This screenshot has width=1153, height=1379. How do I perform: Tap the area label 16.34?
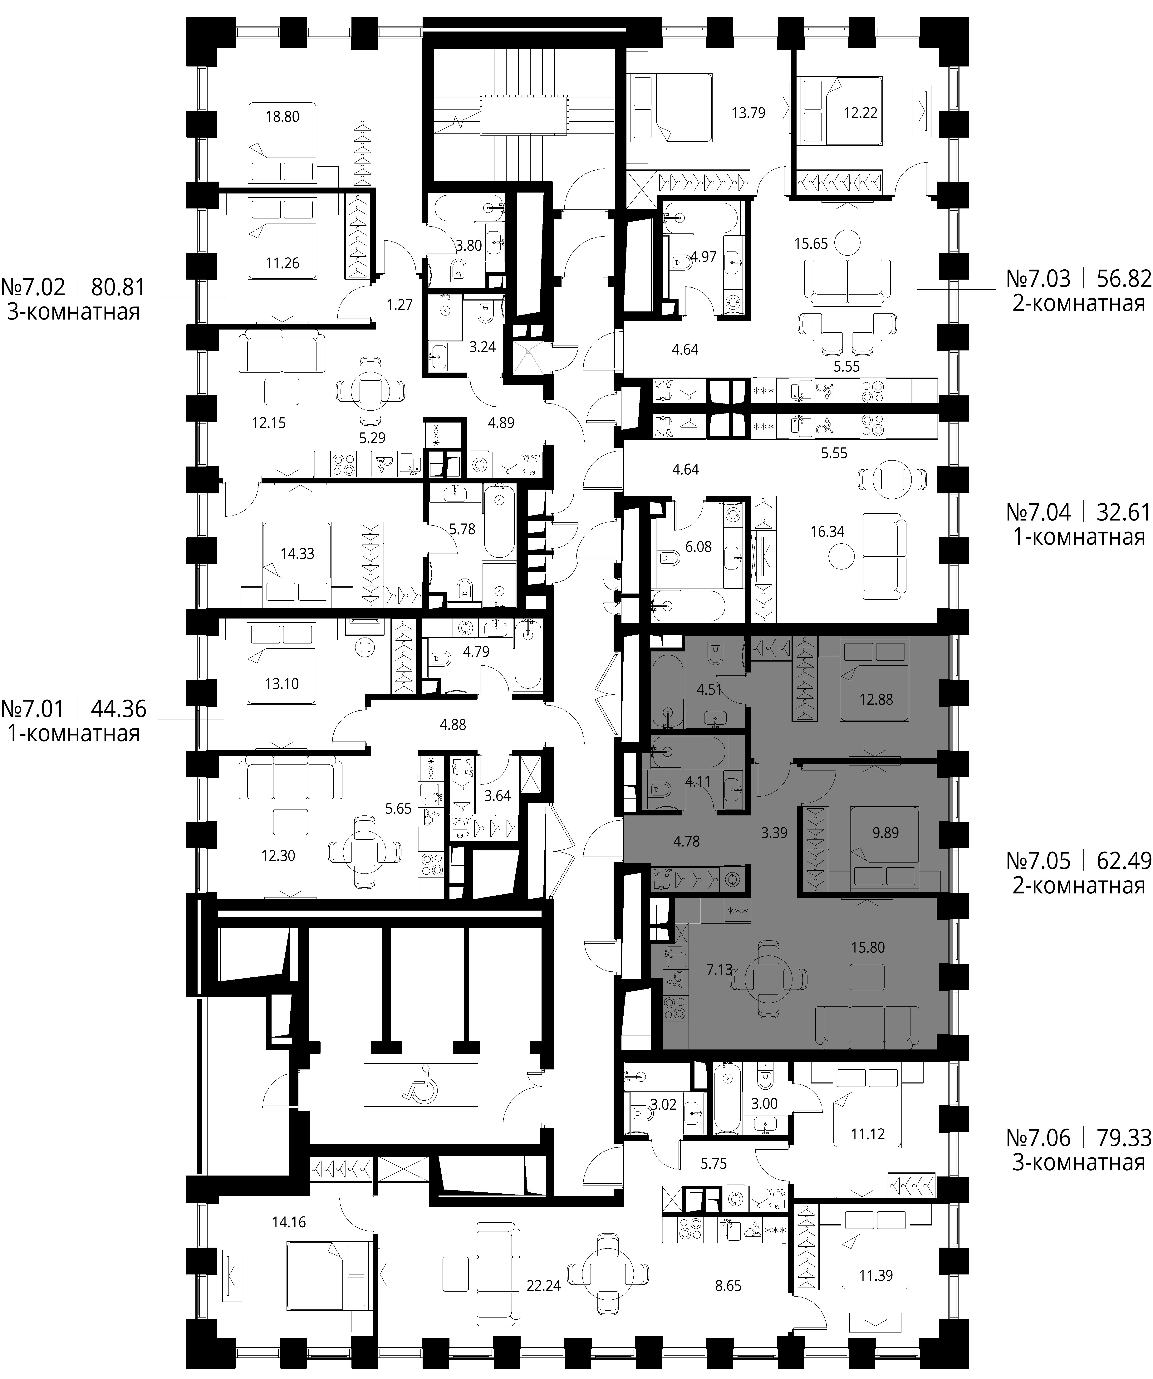tap(827, 531)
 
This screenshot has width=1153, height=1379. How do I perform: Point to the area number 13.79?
tap(748, 112)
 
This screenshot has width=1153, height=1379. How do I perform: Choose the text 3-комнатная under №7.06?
tap(1079, 1163)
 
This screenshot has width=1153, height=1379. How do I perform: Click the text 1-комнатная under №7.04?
tap(1079, 537)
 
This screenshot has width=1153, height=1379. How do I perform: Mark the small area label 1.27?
tap(400, 305)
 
